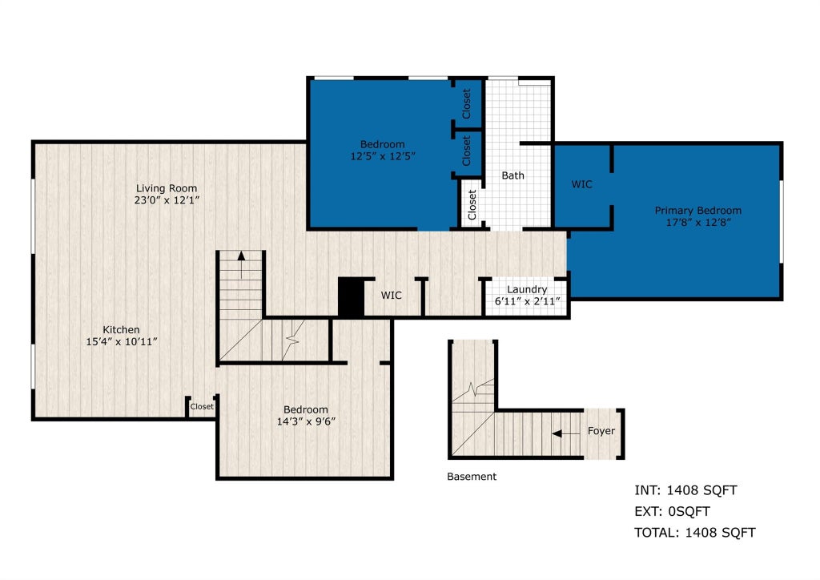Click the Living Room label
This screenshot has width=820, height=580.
click(x=167, y=188)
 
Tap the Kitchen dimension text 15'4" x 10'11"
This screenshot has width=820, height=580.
click(x=122, y=342)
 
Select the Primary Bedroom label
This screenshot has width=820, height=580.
click(x=698, y=210)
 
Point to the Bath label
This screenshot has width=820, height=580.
click(x=512, y=175)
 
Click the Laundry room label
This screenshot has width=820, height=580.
click(x=527, y=289)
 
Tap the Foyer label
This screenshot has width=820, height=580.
click(x=601, y=431)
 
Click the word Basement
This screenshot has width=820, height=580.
click(x=472, y=477)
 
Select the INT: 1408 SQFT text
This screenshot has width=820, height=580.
click(x=685, y=490)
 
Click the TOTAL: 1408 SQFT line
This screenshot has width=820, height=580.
click(x=694, y=533)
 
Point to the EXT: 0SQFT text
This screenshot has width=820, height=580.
click(x=672, y=511)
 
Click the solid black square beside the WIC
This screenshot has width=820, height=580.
click(x=351, y=297)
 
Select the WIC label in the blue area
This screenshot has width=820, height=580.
click(x=581, y=184)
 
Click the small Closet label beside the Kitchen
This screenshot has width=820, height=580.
click(x=202, y=406)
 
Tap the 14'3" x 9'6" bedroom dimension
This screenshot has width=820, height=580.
click(x=306, y=421)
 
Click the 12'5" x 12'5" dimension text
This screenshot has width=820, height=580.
click(x=383, y=156)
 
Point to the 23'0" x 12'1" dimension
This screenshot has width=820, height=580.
click(x=167, y=199)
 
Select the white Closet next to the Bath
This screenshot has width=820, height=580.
click(x=472, y=204)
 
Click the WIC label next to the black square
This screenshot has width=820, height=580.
click(x=391, y=296)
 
